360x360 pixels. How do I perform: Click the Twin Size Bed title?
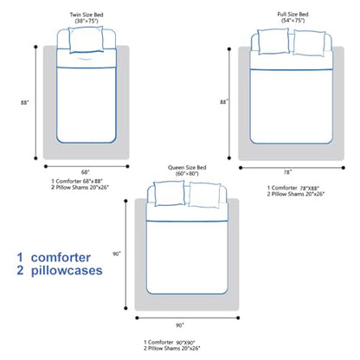87,15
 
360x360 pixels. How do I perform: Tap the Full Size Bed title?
292,14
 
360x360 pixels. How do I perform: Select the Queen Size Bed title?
187,168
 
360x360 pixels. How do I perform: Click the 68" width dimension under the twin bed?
85,172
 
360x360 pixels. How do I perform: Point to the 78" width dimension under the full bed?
287,172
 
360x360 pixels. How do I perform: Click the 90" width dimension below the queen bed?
180,325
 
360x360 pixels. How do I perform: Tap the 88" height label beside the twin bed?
25,102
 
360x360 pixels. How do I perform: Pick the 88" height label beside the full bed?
224,102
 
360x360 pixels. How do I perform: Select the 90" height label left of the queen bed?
117,254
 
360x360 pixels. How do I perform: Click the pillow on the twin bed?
87,40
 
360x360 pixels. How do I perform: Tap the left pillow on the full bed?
273,42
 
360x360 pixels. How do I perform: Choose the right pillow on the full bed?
309,43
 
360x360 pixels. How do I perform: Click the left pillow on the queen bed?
170,193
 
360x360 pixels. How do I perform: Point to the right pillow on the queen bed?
204,195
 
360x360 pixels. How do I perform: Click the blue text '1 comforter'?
54,258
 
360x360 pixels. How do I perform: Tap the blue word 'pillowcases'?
67,271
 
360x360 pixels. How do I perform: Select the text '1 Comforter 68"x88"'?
77,181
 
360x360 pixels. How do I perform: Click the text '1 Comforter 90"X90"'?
170,343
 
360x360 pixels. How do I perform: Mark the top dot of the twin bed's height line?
35,47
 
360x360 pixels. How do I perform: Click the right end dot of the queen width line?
238,318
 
